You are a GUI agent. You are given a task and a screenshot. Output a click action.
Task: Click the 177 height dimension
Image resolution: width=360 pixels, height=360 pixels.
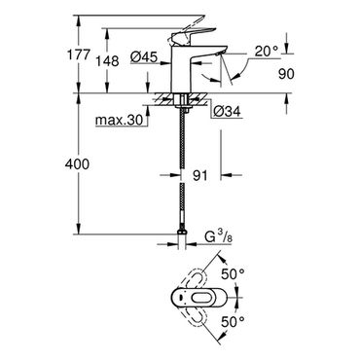pyautogui.click(x=78, y=54)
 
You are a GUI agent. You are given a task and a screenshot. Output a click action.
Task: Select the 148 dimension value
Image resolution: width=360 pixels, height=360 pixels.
pyautogui.click(x=108, y=61)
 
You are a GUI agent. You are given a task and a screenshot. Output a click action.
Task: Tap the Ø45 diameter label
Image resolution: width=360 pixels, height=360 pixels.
pyautogui.click(x=144, y=57)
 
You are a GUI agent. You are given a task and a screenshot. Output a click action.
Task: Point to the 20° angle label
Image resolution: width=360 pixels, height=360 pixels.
pyautogui.click(x=267, y=51)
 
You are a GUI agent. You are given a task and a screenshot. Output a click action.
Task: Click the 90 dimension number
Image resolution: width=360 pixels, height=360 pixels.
pyautogui.click(x=286, y=74)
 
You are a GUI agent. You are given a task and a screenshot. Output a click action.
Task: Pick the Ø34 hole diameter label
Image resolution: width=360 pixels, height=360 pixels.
pyautogui.click(x=227, y=112)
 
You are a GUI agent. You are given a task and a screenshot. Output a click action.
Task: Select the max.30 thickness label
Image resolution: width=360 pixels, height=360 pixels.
pyautogui.click(x=119, y=121)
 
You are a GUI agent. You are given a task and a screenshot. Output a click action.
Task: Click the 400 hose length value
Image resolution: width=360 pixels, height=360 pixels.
pyautogui.click(x=77, y=164)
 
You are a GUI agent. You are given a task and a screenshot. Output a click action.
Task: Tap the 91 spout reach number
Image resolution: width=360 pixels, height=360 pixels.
pyautogui.click(x=200, y=175)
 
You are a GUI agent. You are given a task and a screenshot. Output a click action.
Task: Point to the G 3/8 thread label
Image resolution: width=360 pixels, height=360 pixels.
pyautogui.click(x=219, y=238)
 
